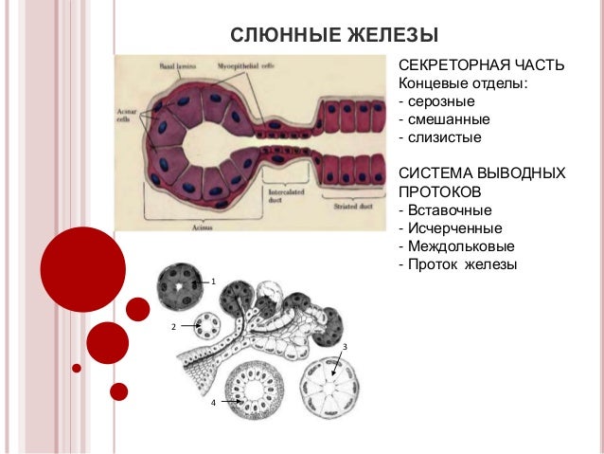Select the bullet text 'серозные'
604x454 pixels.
[x=441, y=101]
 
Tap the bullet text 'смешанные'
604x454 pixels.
[x=448, y=119]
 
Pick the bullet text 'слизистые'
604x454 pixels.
[x=444, y=137]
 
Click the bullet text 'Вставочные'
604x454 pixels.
[x=451, y=209]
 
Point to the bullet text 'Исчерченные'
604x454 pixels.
[x=455, y=227]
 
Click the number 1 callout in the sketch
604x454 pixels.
[x=214, y=282]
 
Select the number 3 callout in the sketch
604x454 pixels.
[x=345, y=347]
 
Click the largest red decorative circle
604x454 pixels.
[x=83, y=270]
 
